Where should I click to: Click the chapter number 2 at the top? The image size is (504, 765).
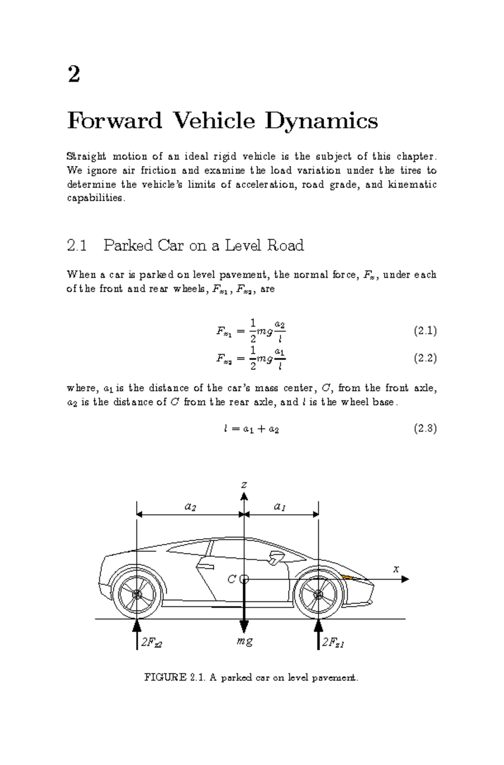point(73,75)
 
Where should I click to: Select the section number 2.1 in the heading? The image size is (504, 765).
point(77,245)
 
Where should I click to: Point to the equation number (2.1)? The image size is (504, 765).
point(425,331)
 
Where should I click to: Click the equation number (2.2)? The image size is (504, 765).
point(425,358)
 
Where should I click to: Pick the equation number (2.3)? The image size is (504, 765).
point(425,428)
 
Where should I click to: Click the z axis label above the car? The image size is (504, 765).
point(244,485)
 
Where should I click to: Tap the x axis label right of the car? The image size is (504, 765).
point(396,569)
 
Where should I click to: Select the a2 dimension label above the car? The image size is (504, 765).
point(190,506)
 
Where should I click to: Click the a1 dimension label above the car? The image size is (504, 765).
point(280,506)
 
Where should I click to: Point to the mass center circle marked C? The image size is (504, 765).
point(244,580)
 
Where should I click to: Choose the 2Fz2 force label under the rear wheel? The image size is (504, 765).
point(152,642)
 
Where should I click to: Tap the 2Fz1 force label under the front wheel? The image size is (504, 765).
point(333,642)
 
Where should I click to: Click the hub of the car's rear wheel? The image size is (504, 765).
point(137,594)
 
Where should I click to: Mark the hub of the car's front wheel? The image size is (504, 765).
point(318,594)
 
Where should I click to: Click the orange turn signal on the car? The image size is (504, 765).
point(348,576)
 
